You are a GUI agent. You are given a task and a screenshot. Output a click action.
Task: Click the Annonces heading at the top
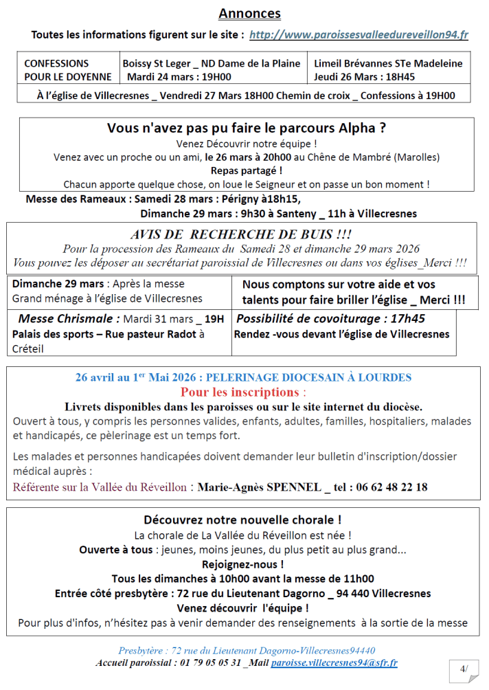(249, 14)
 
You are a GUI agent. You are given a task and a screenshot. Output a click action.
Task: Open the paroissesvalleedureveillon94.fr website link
(359, 35)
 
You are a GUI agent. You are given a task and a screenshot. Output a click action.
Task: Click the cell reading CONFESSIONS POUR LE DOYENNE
(57, 70)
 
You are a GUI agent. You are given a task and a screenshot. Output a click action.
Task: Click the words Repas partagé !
(247, 170)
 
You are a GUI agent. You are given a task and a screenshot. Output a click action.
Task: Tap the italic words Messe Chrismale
(69, 319)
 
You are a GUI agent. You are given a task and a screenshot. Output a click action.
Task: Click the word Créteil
(28, 350)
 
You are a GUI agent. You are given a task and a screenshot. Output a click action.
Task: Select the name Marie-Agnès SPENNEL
(259, 487)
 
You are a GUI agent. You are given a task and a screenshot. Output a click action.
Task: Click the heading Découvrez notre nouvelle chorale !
(242, 520)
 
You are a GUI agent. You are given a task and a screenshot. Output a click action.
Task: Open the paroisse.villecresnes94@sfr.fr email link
(334, 663)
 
